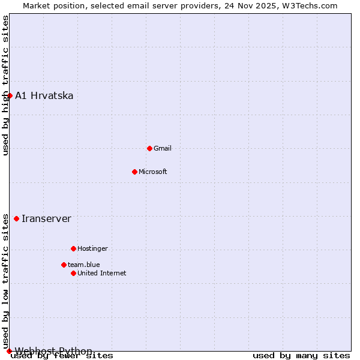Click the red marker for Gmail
tap(149, 148)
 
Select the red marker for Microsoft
tap(134, 172)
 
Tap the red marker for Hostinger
tap(73, 248)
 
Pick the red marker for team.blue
tap(64, 265)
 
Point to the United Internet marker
tap(73, 273)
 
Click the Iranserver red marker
tap(16, 218)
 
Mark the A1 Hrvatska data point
tap(10, 95)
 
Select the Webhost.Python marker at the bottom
tap(9, 351)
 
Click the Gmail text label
tap(163, 148)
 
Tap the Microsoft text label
tap(153, 172)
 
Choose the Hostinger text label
tap(92, 248)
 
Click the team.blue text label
tap(84, 265)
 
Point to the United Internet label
tap(102, 273)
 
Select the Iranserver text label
tap(46, 218)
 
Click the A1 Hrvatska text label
tap(44, 95)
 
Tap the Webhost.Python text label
tap(53, 351)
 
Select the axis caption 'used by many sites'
tap(301, 356)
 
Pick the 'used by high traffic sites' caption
tap(5, 85)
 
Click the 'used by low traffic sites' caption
tap(5, 281)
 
